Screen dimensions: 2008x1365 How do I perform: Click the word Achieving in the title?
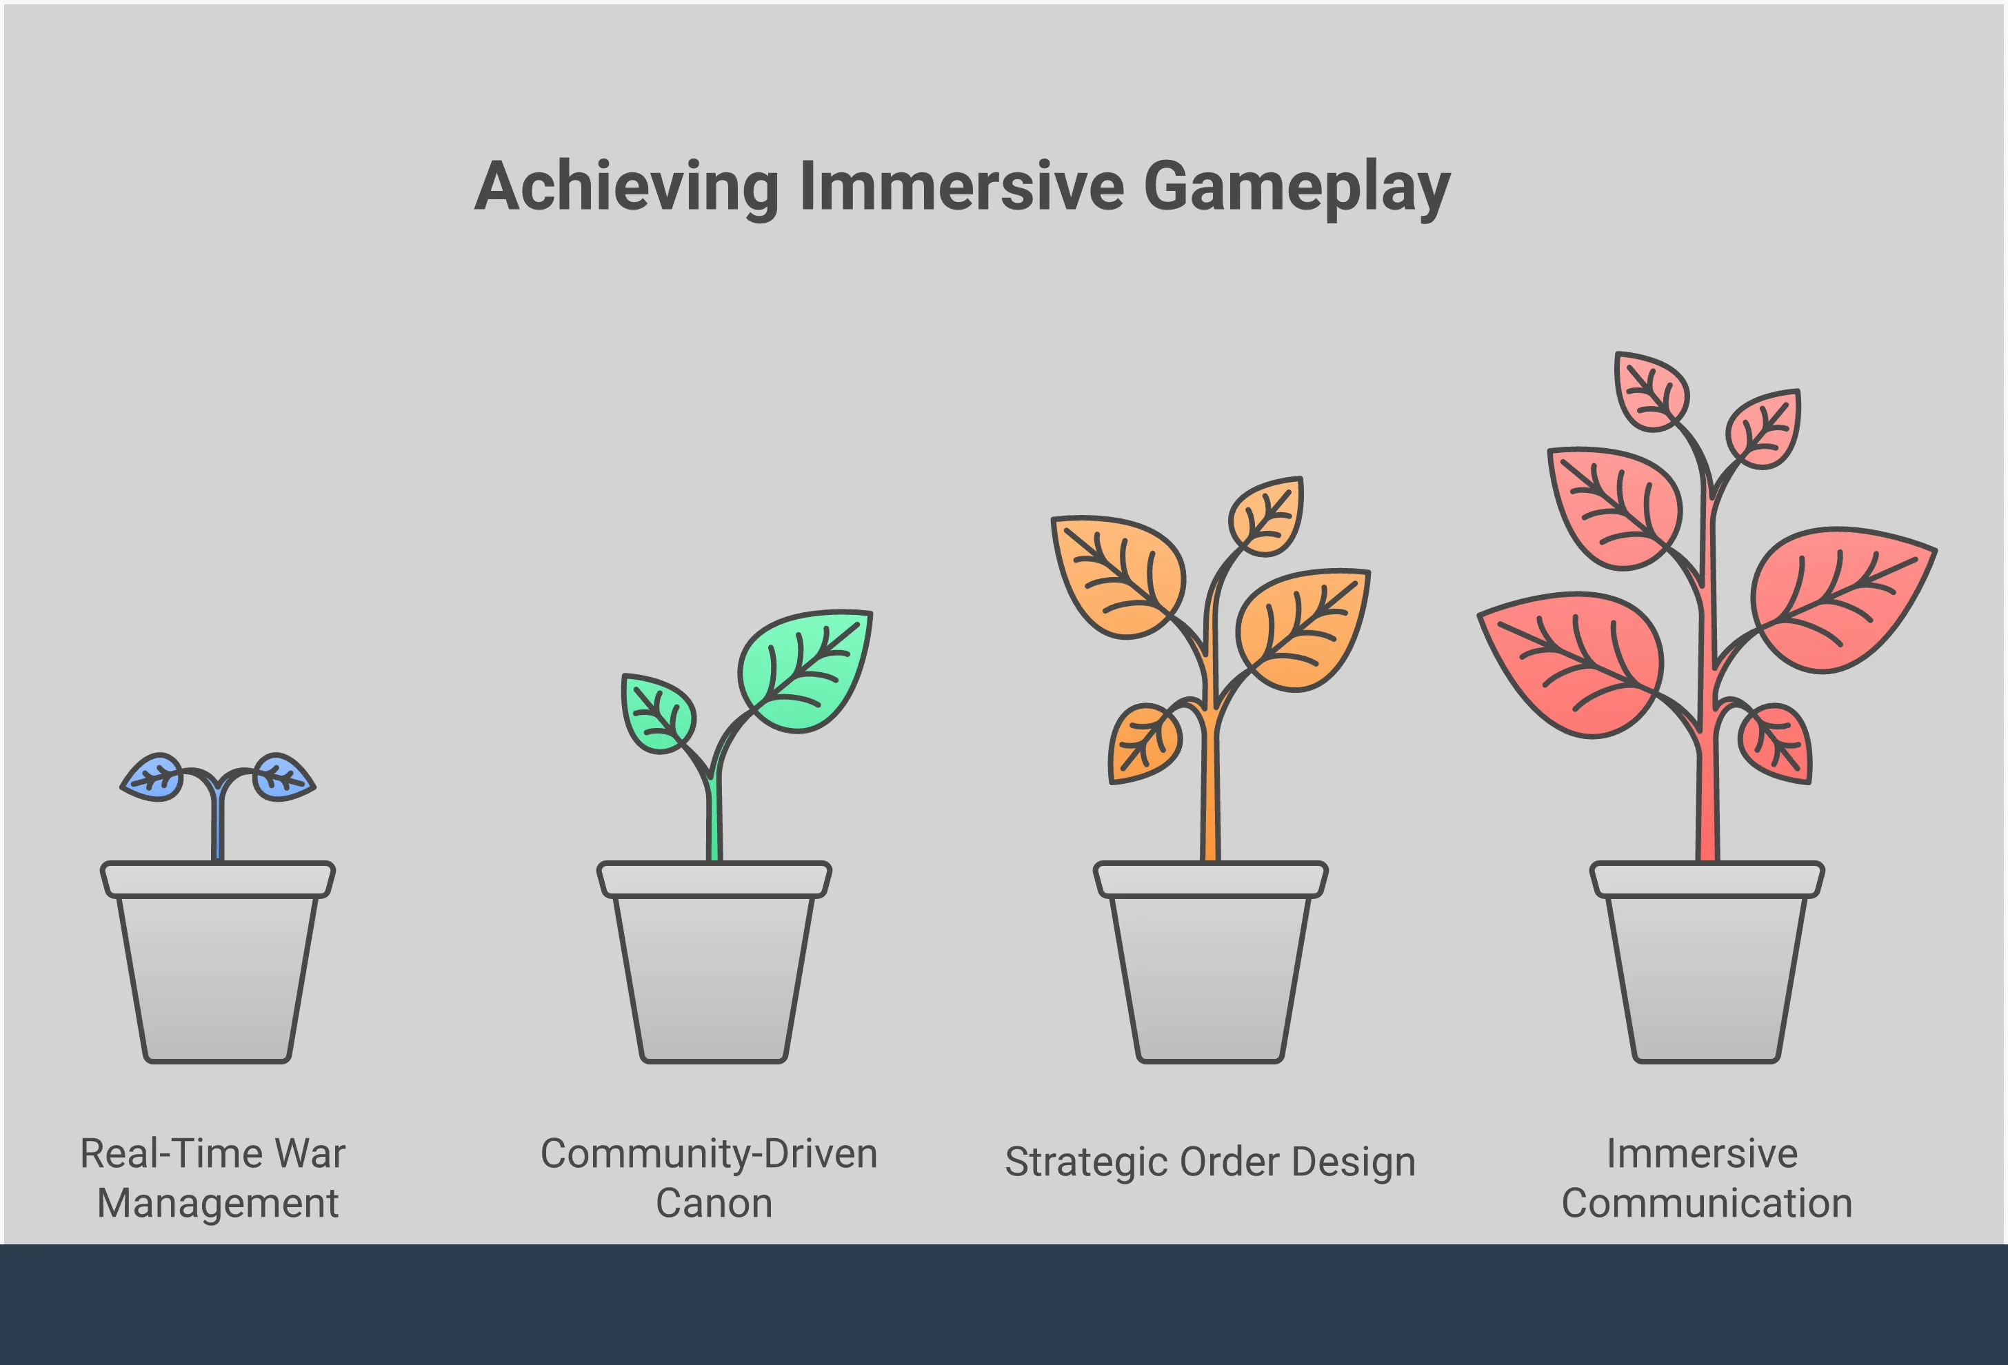627,188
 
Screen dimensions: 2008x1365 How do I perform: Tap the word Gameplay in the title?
1297,188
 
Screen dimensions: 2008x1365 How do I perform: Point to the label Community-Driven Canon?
710,1177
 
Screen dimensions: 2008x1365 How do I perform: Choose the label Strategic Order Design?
1210,1163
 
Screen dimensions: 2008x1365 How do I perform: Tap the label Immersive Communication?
1707,1177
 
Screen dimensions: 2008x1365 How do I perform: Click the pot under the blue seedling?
218,962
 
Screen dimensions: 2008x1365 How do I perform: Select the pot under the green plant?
714,962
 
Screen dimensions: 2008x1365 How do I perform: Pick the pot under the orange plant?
1210,962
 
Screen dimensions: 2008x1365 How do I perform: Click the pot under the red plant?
1707,962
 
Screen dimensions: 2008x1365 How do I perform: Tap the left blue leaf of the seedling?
152,778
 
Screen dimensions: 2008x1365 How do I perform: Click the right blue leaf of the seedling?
283,777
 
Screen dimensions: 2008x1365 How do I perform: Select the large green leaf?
806,670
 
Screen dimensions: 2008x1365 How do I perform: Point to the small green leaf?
656,714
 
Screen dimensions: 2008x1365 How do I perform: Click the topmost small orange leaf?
1267,516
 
